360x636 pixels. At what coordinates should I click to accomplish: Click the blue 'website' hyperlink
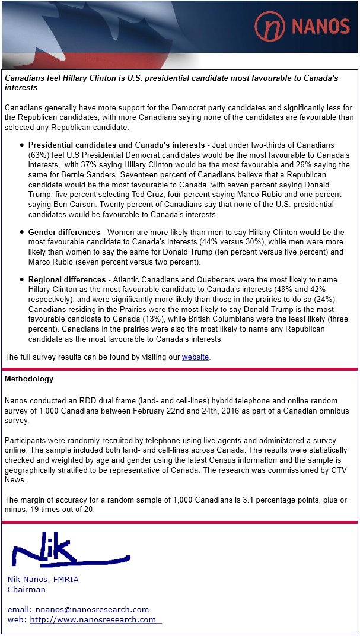pos(195,357)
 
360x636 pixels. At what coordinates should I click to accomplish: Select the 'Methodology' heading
pos(29,379)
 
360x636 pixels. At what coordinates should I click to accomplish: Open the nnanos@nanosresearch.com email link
pos(92,609)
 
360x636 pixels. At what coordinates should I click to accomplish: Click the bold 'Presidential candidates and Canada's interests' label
pos(116,145)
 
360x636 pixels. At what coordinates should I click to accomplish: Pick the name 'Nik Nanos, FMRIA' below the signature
pos(43,579)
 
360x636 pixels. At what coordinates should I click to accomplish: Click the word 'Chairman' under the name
pos(26,589)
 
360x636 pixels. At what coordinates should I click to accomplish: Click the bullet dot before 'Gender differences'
pos(22,232)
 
